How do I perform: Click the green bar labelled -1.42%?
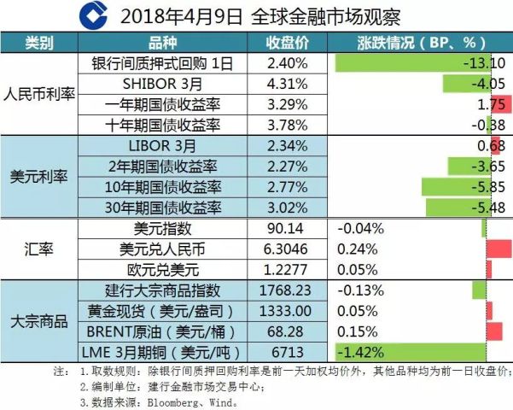(410, 351)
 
